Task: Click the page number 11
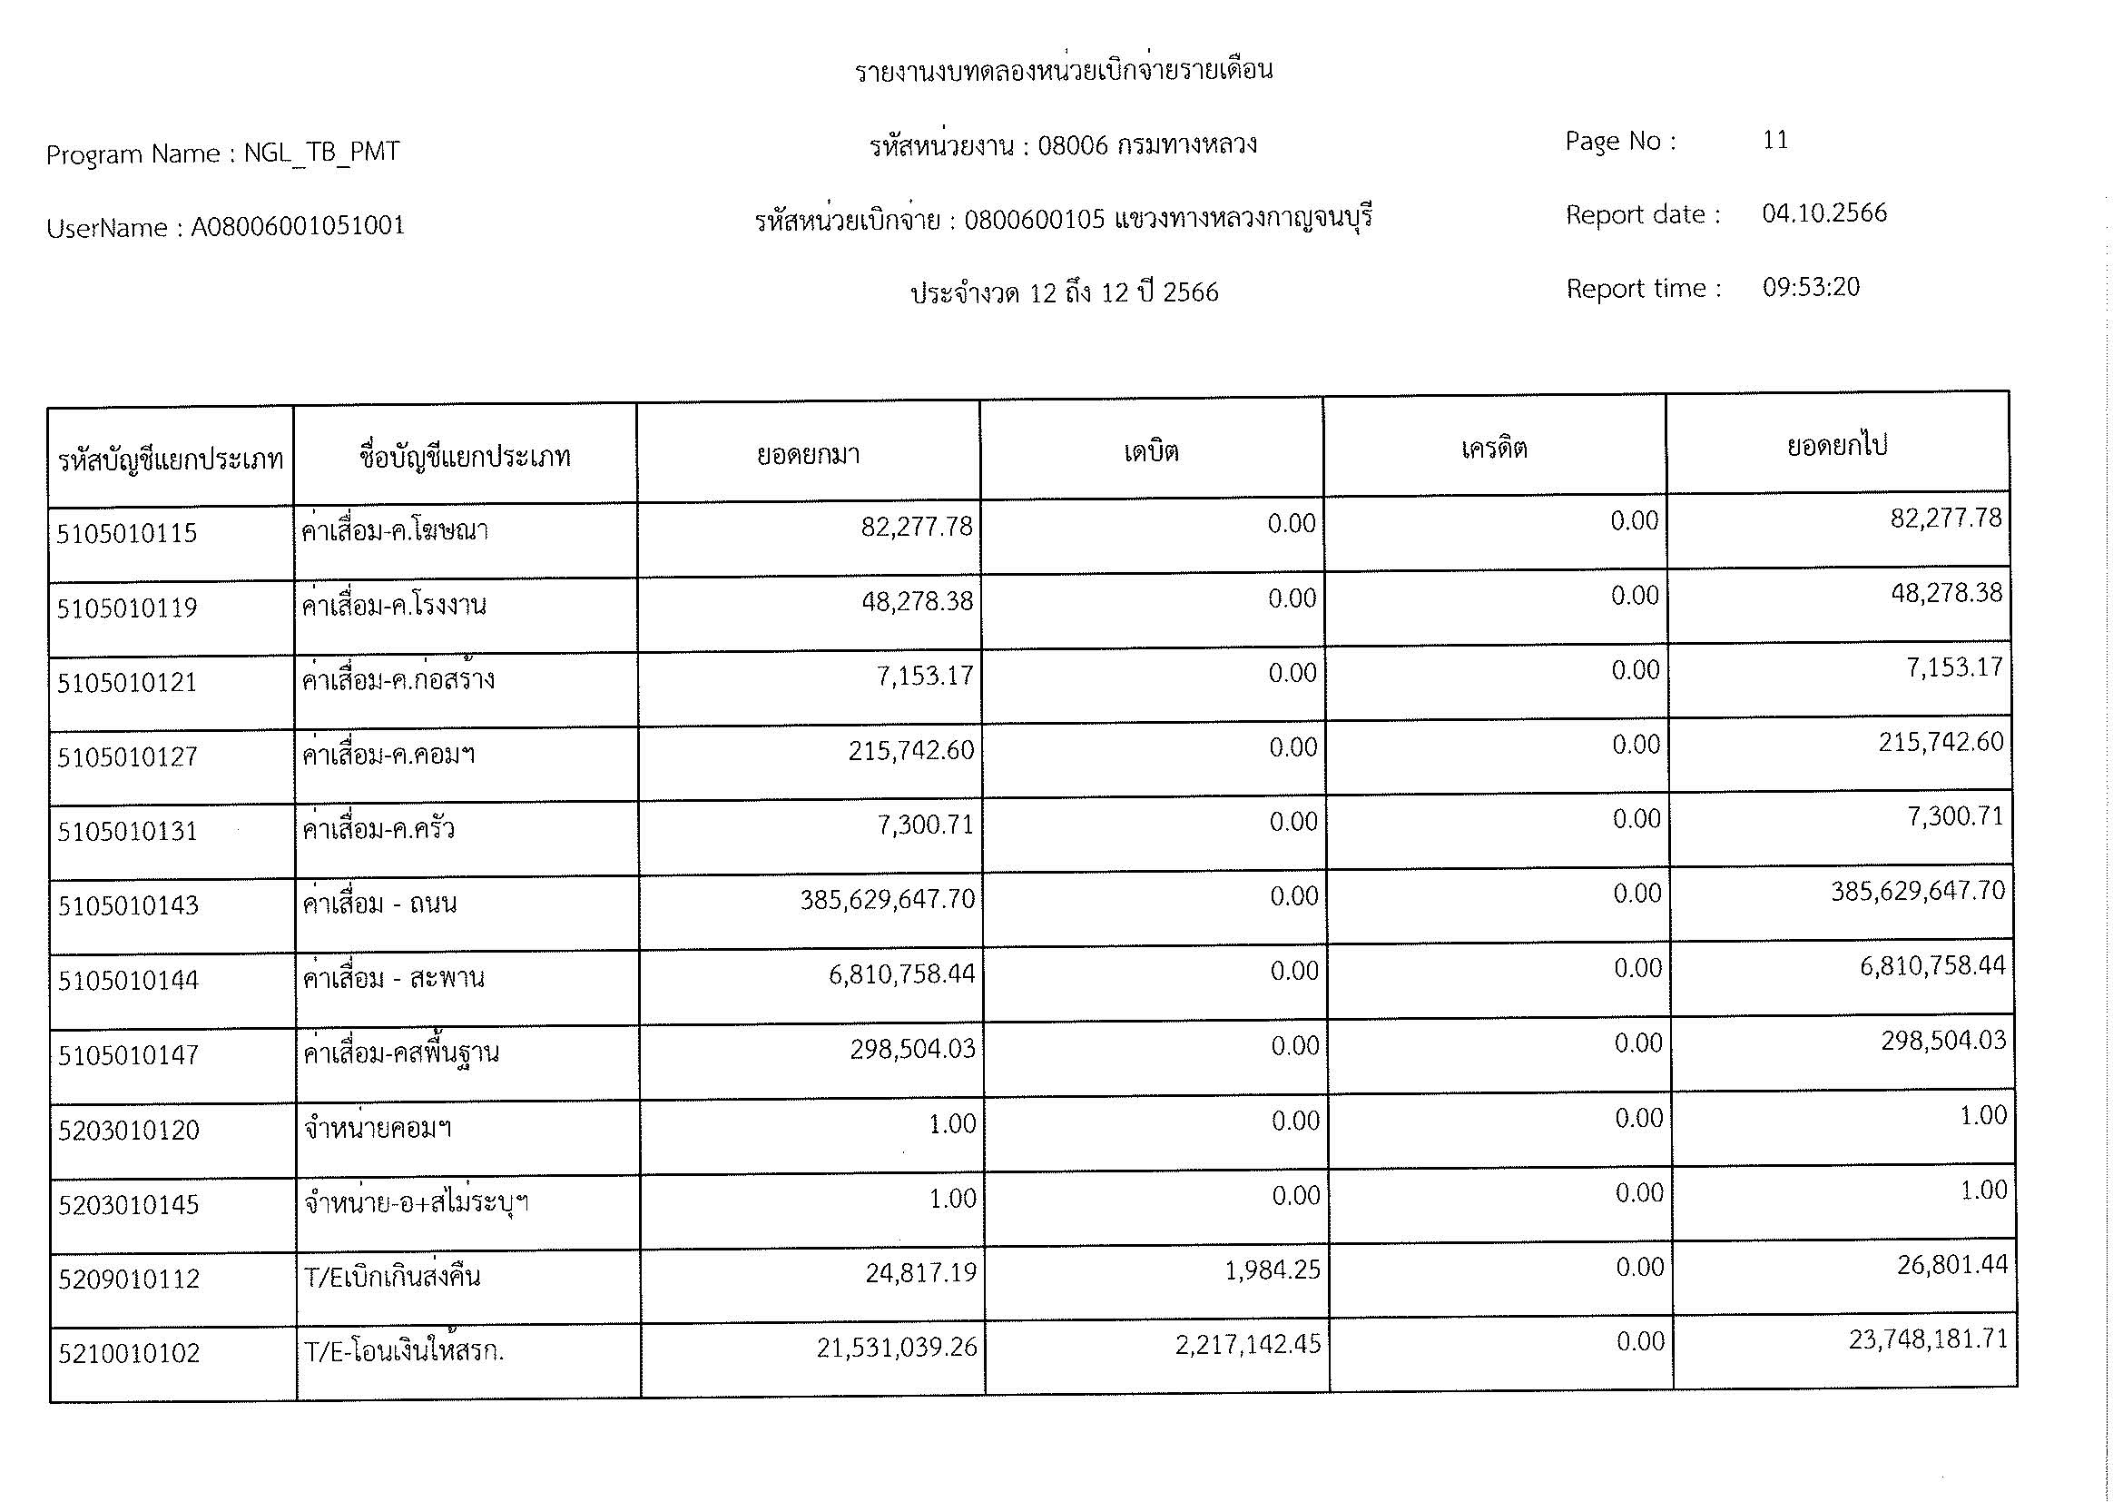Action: pos(1774,141)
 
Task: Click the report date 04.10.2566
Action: pos(1823,213)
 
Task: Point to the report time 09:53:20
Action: pos(1811,287)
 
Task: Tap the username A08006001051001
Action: pos(298,227)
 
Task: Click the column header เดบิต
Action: pos(1151,452)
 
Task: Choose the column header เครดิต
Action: pos(1493,450)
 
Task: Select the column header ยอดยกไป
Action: pos(1836,446)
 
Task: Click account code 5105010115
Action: pos(127,534)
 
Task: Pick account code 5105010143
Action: pos(128,905)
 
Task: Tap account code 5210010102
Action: pos(129,1354)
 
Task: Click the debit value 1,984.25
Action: pos(1273,1270)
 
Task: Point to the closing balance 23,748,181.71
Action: pos(1928,1340)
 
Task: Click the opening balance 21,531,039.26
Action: pos(896,1348)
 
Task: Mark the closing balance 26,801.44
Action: pos(1952,1265)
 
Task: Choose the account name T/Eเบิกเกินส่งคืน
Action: pos(392,1279)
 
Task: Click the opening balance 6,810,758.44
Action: pos(901,973)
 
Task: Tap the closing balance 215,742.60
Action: pos(1941,742)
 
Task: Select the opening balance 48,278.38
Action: pos(917,601)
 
